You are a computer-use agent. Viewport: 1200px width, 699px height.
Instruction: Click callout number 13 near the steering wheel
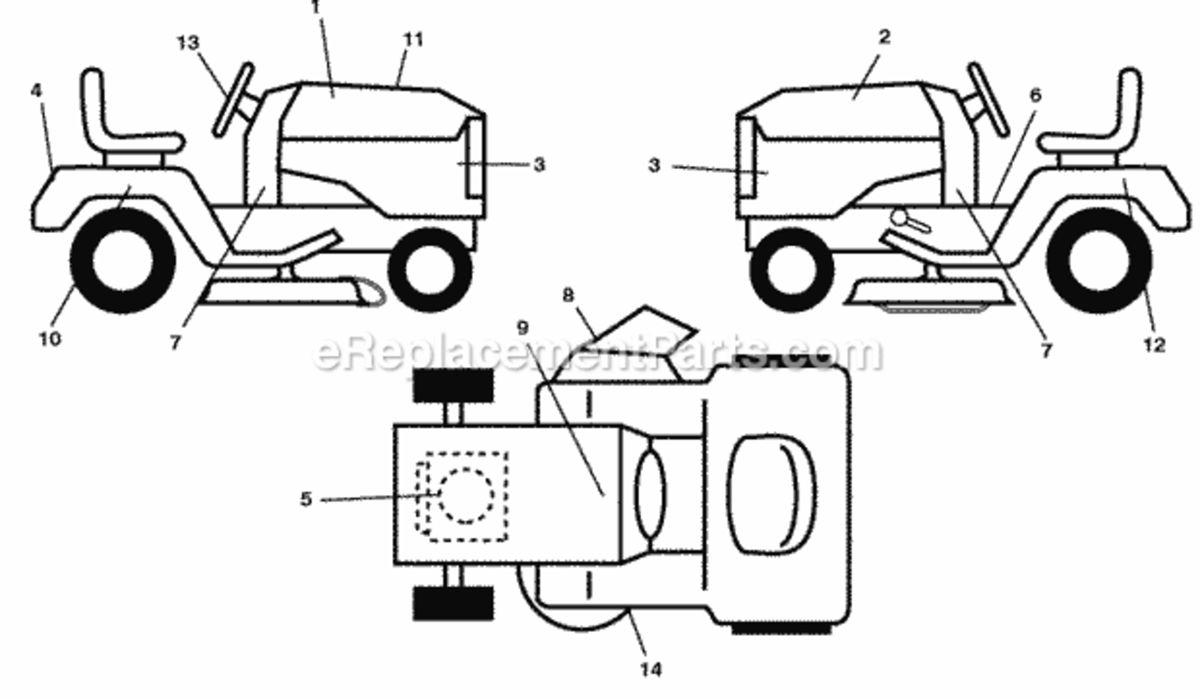coord(188,43)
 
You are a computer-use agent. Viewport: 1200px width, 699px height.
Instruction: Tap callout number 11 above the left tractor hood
coord(413,40)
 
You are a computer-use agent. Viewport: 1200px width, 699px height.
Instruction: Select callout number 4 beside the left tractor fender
coord(36,90)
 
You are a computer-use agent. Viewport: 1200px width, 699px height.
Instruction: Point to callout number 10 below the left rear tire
coord(49,338)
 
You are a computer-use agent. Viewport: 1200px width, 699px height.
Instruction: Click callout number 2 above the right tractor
coord(884,37)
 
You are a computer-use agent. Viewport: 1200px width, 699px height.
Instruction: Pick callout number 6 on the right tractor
coord(1035,95)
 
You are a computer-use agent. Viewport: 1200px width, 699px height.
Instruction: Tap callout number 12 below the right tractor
coord(1154,345)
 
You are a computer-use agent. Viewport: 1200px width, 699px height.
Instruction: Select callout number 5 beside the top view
coord(306,499)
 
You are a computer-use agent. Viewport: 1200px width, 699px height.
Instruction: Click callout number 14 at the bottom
coord(651,669)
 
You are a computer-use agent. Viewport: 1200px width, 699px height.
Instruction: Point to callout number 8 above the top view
coord(568,295)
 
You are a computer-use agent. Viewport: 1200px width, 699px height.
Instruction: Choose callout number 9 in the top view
coord(523,327)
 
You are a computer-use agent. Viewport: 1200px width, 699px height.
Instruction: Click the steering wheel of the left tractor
coord(234,101)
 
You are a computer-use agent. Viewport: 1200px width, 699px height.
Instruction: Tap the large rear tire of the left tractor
coord(123,261)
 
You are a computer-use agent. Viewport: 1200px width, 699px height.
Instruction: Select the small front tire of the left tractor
coord(430,269)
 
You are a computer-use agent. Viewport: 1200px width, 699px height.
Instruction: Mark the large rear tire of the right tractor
coord(1099,261)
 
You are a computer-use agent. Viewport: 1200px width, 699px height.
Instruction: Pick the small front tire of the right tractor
coord(792,269)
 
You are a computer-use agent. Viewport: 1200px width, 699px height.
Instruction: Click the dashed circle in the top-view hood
coord(466,496)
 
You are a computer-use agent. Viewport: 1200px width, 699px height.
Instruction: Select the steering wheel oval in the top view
coord(650,494)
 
